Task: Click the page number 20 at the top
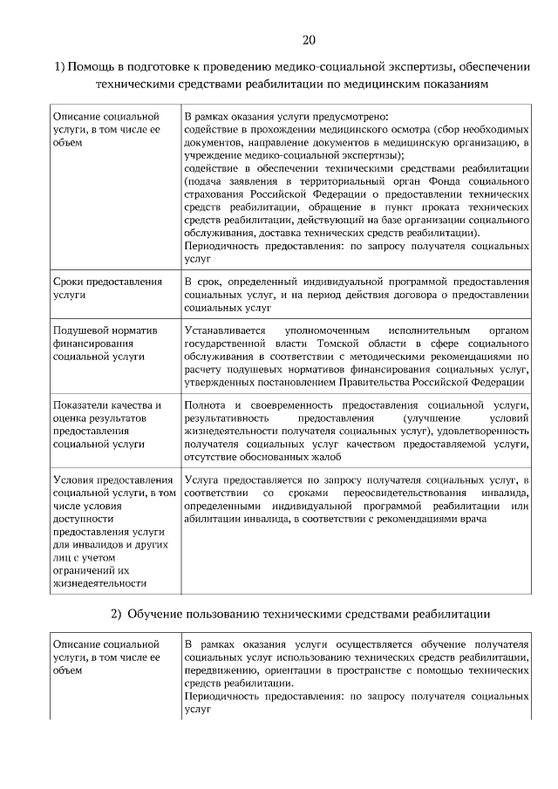pyautogui.click(x=309, y=40)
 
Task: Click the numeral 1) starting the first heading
pyautogui.click(x=59, y=67)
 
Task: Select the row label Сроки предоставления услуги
pyautogui.click(x=107, y=289)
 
